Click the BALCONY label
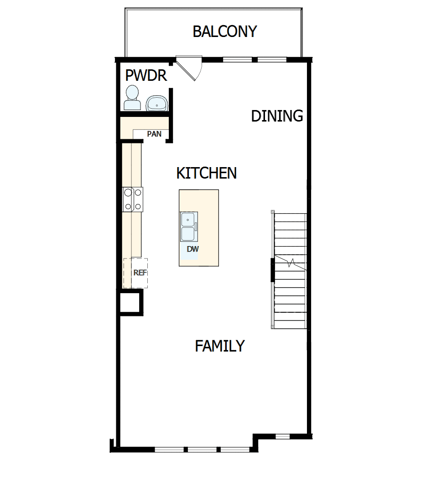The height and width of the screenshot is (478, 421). pos(224,32)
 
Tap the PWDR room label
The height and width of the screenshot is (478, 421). pos(146,75)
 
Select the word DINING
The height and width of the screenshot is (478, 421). pos(277,116)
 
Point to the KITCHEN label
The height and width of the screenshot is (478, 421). pos(206,173)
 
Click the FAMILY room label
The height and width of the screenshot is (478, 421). pos(219,346)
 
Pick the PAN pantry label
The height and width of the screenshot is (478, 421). pos(154,134)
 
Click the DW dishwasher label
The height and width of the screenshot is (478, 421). pos(193,249)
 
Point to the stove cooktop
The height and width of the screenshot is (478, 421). pos(133,200)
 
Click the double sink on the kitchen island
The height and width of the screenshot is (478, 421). pos(188,226)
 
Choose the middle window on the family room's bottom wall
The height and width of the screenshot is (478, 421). pos(202,450)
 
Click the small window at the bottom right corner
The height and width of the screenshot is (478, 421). pos(282,436)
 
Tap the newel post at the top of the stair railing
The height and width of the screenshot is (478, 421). pos(273,212)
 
